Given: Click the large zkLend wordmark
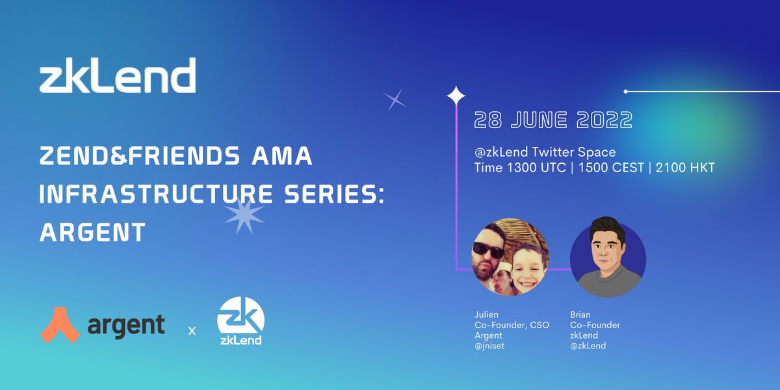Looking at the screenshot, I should pos(118,76).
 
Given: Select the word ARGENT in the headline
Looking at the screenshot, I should pos(92,232).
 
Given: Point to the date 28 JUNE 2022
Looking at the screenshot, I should pos(553,120).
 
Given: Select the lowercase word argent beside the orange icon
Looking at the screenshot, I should pos(125,325).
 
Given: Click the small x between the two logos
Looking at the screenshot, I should pos(192,331).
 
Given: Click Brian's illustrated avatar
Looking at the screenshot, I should pos(608,257).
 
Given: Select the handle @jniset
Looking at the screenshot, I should pos(491,346).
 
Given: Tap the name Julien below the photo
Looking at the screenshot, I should pos(487,315).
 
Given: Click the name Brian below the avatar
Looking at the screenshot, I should pos(580,315).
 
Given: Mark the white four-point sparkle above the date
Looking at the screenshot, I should pos(456,96).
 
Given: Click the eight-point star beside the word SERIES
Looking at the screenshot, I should pos(244,215).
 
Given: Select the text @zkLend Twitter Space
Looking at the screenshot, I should pos(545,152).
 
